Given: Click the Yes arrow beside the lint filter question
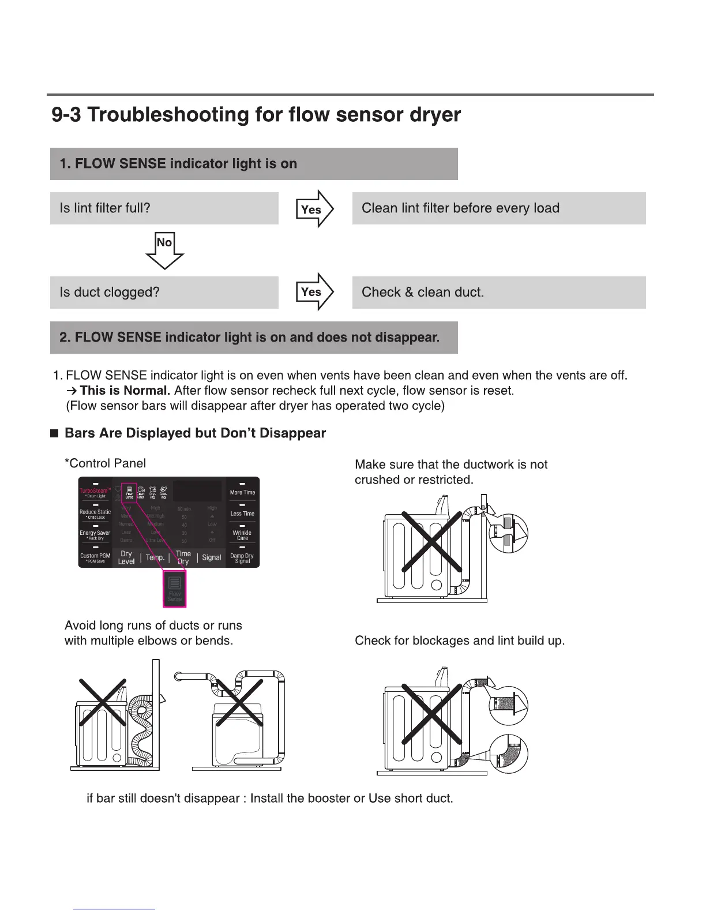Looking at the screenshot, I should [x=314, y=209].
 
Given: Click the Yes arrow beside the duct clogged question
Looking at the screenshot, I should [x=314, y=292].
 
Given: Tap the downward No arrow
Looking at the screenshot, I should [x=164, y=249].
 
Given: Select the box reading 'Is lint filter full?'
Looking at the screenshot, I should [x=164, y=208].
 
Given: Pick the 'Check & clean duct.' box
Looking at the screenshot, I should [x=498, y=292].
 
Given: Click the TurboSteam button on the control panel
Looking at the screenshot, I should [x=95, y=492].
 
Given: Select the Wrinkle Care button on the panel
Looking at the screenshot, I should [x=242, y=534].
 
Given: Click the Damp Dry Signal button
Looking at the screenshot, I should [x=242, y=557].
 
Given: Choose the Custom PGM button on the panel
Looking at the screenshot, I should [x=95, y=557].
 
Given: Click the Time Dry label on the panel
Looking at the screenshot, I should [x=183, y=557].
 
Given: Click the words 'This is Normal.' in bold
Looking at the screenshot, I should [x=125, y=391].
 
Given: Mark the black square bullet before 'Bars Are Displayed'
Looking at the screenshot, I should [x=55, y=434].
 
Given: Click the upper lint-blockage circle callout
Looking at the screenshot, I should [x=509, y=705].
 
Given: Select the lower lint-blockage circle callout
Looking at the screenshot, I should [x=509, y=754].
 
